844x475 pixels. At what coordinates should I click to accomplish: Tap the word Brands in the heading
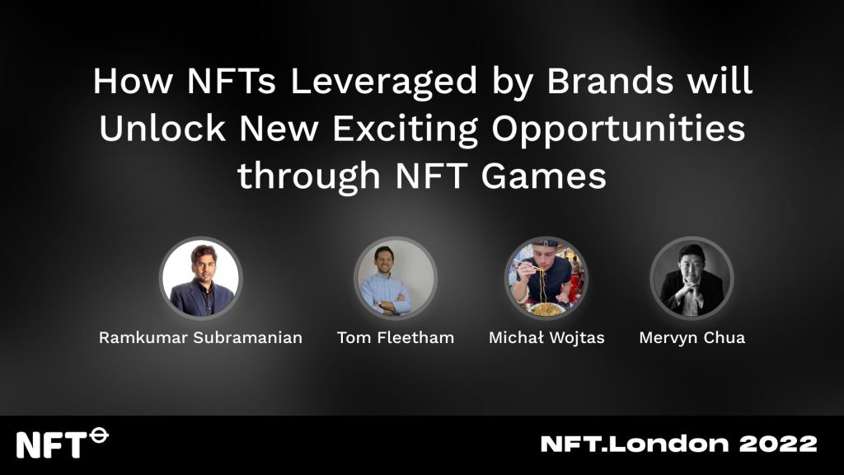(x=610, y=81)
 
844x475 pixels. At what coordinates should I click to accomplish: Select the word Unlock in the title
(x=162, y=128)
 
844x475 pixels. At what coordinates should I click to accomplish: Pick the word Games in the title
(x=544, y=176)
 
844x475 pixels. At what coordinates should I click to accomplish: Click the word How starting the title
(x=133, y=81)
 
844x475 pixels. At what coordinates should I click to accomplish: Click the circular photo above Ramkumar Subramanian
(x=201, y=278)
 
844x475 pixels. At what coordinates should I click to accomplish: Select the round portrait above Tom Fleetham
(x=396, y=278)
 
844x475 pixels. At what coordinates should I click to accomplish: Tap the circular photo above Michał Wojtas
(x=546, y=278)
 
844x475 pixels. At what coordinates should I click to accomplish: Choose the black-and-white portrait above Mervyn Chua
(x=692, y=278)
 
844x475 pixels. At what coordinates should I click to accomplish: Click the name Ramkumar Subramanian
(x=201, y=337)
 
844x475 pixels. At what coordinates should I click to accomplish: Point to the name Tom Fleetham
(x=396, y=337)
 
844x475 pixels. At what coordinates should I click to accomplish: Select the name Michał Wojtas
(x=546, y=337)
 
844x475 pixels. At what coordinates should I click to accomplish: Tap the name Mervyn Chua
(x=692, y=337)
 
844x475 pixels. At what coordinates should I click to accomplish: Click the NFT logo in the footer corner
(x=63, y=443)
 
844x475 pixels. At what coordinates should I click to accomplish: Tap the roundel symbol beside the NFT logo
(x=99, y=435)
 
